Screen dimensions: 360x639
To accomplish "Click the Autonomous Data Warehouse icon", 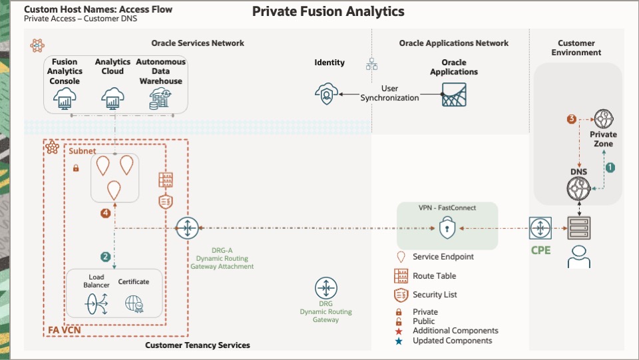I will point(160,99).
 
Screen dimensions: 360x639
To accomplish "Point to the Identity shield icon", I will point(326,94).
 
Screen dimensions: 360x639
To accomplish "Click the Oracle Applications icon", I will point(454,94).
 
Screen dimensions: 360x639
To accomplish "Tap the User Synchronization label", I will point(390,93).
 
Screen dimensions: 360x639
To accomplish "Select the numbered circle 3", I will point(571,119).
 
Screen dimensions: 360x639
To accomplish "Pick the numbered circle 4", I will point(105,213).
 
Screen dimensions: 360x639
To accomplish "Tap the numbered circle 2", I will point(105,256).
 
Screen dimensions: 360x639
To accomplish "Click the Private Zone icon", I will point(603,119).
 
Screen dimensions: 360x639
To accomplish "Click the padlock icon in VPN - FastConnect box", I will point(446,229).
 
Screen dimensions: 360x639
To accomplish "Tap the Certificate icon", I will point(134,303).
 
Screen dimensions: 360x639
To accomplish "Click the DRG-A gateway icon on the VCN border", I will point(188,228).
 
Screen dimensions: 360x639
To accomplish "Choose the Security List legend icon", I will point(401,295).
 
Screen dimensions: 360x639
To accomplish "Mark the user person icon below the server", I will point(578,256).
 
